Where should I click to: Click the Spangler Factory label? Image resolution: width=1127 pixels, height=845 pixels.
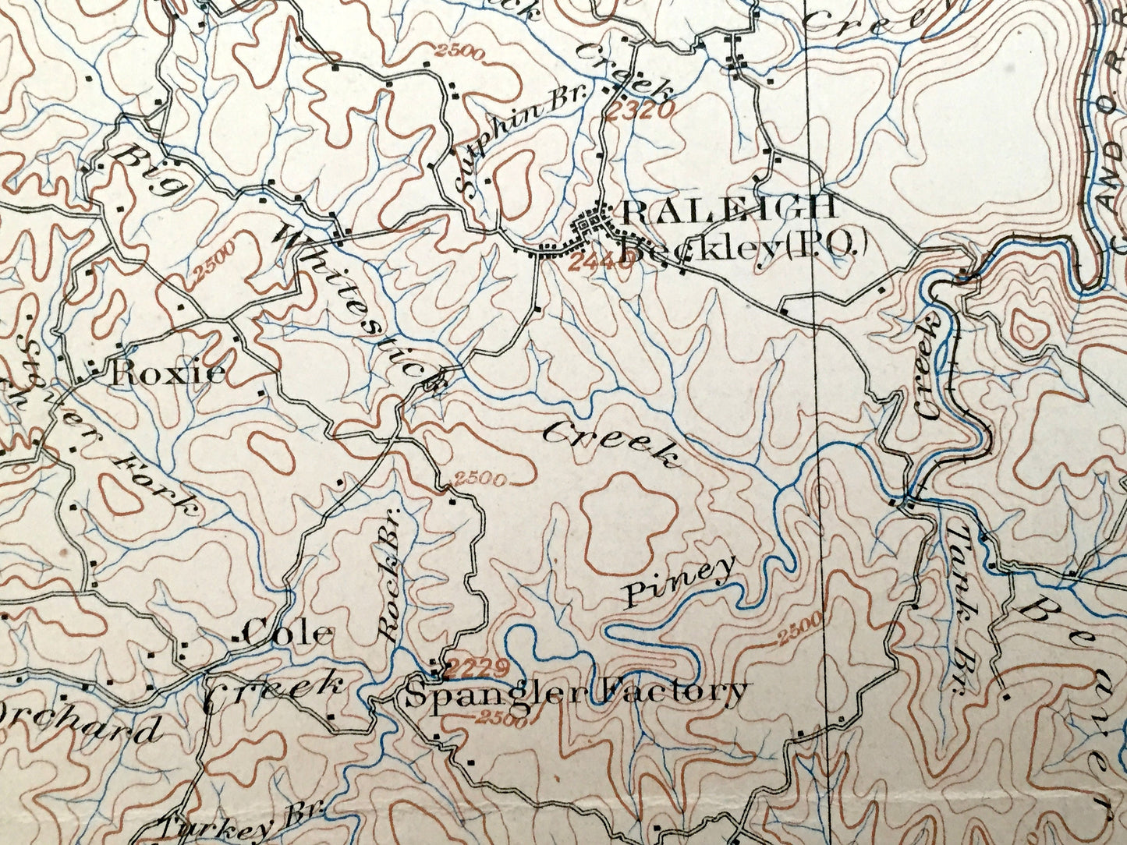pos(576,691)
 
